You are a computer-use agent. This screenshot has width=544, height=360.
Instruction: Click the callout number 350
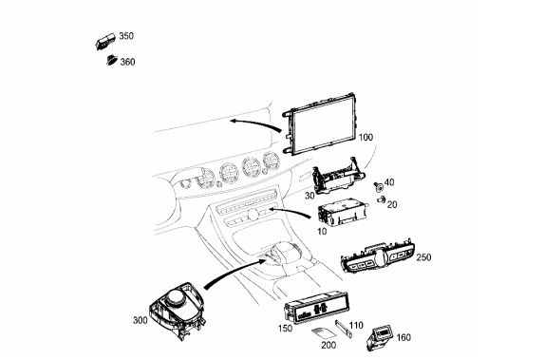pyautogui.click(x=126, y=36)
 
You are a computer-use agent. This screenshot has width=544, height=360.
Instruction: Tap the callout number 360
pyautogui.click(x=127, y=62)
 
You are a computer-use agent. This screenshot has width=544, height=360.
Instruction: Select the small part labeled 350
pyautogui.click(x=104, y=42)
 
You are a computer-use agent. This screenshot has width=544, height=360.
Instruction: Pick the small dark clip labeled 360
pyautogui.click(x=112, y=60)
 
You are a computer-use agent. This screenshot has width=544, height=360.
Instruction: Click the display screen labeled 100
pyautogui.click(x=320, y=123)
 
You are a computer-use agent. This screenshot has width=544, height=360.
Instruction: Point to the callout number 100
pyautogui.click(x=366, y=138)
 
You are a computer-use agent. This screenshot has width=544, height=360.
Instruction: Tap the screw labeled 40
pyautogui.click(x=379, y=187)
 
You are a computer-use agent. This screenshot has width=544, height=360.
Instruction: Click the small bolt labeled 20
pyautogui.click(x=382, y=199)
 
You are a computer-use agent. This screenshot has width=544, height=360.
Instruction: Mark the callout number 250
pyautogui.click(x=423, y=257)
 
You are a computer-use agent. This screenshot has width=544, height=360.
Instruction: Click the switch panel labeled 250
pyautogui.click(x=378, y=256)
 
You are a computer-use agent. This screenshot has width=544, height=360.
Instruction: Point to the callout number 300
pyautogui.click(x=141, y=320)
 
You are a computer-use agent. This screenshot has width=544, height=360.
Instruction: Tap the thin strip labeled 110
pyautogui.click(x=344, y=329)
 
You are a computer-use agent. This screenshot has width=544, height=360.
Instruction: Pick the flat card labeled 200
pyautogui.click(x=323, y=334)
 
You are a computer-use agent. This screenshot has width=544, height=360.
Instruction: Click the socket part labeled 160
pyautogui.click(x=379, y=337)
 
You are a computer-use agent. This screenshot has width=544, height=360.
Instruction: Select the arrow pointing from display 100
pyautogui.click(x=255, y=123)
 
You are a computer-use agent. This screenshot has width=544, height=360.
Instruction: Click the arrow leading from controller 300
pyautogui.click(x=234, y=273)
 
